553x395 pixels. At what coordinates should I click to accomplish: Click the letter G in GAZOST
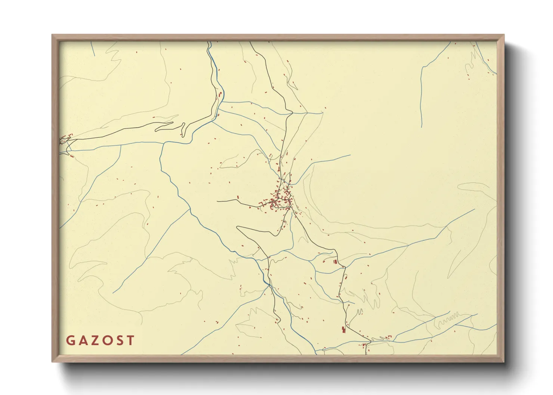(70, 340)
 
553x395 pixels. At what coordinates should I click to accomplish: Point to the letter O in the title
(107, 340)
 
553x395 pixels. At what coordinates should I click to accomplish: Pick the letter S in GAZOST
(119, 340)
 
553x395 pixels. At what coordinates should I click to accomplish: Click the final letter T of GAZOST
(130, 340)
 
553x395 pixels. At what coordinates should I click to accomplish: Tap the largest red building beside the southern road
(343, 329)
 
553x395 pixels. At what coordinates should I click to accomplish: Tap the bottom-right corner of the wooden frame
(503, 361)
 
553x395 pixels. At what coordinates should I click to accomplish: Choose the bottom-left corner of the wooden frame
(53, 361)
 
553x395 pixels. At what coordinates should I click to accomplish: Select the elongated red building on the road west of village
(238, 197)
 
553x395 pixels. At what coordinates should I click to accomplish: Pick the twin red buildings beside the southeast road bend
(335, 261)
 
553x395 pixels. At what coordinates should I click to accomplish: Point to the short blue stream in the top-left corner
(93, 49)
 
